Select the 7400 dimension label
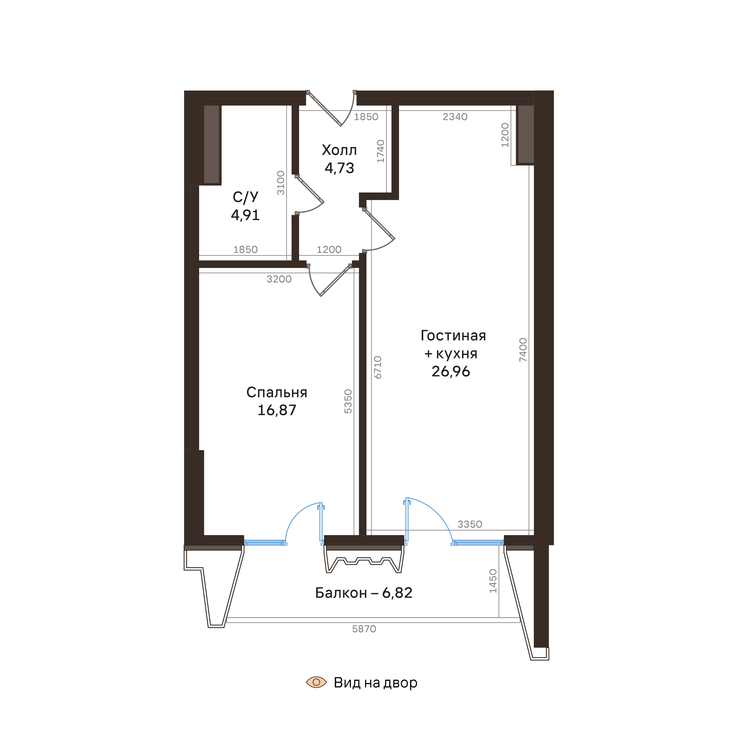click(x=523, y=350)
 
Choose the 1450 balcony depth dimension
click(x=493, y=581)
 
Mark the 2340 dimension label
click(x=455, y=117)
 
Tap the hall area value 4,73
click(x=339, y=168)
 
